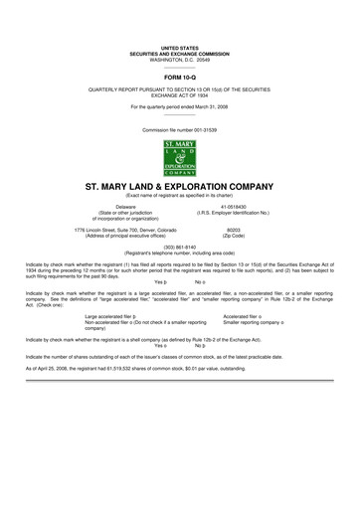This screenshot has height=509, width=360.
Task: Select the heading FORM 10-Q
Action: tap(180, 75)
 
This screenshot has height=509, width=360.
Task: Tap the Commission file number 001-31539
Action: tap(180, 130)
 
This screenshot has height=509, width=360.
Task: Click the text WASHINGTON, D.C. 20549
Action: tap(180, 59)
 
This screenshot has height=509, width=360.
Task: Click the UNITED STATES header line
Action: tap(180, 47)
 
